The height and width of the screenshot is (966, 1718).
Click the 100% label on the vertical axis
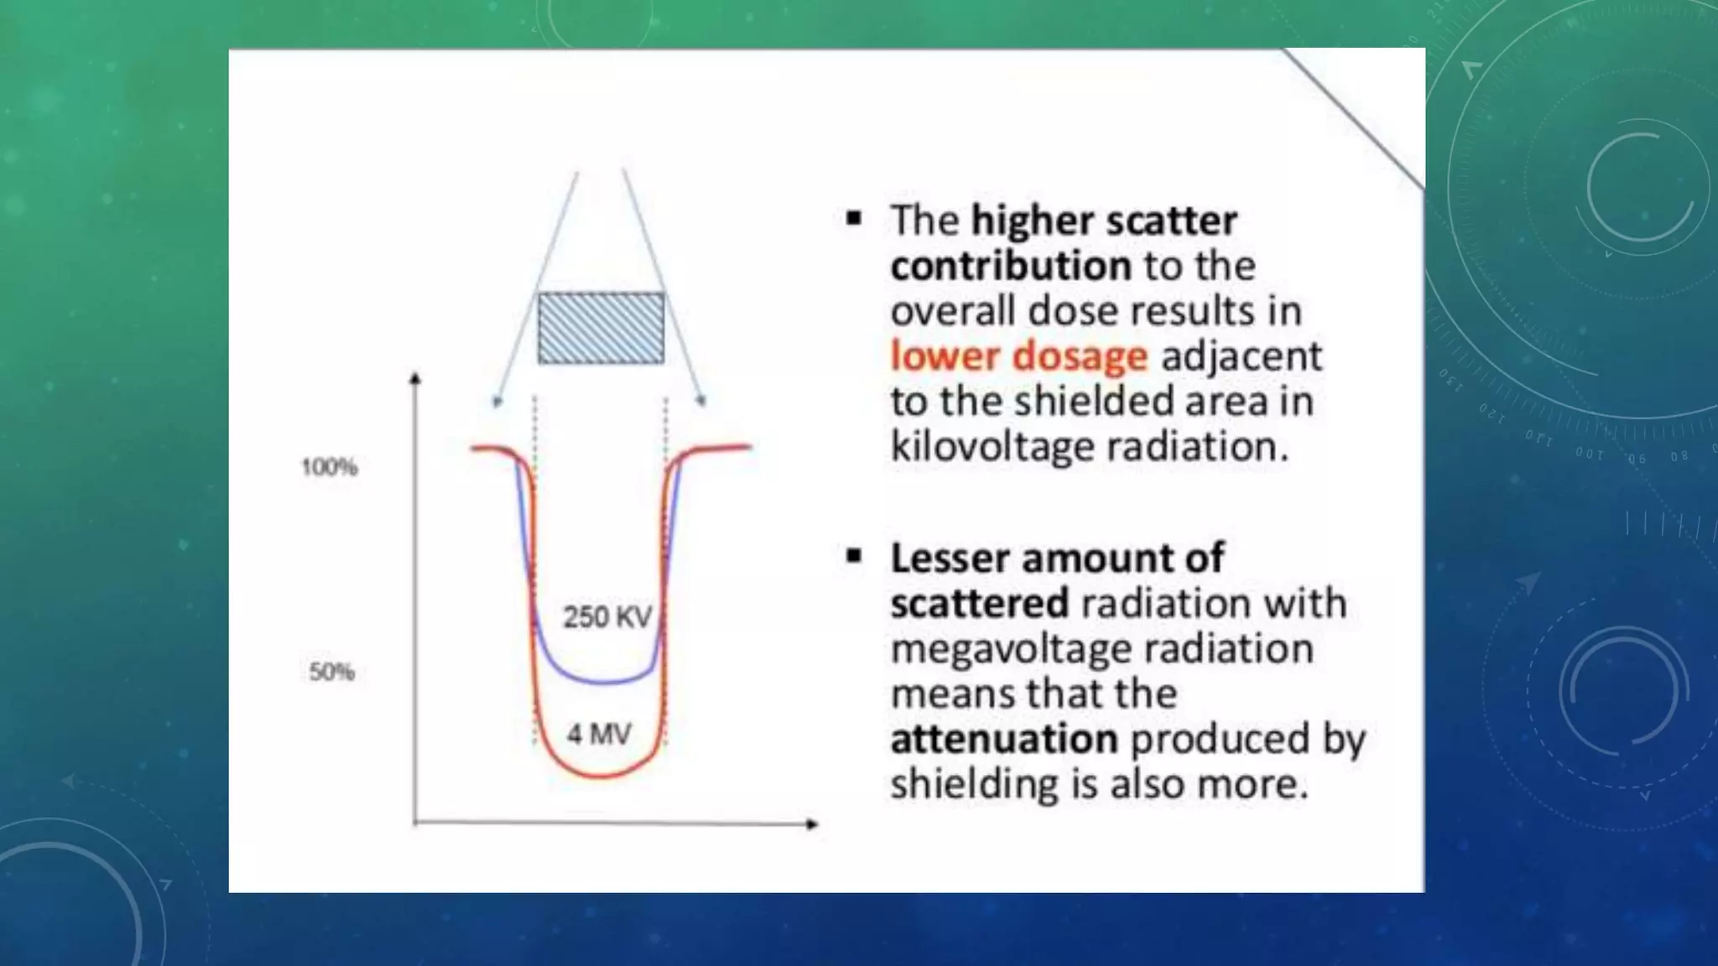(330, 467)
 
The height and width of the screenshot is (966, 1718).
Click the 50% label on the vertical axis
(332, 672)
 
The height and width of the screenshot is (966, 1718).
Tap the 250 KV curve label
(607, 617)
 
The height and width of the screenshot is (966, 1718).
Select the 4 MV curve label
(599, 735)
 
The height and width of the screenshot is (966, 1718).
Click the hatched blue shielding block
(601, 328)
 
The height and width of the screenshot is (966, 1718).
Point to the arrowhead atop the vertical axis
(414, 379)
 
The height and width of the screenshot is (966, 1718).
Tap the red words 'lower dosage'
(1018, 356)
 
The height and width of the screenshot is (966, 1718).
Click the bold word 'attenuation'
(1004, 740)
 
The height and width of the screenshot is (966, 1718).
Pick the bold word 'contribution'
(1011, 266)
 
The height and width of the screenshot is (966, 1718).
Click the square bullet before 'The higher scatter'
(854, 220)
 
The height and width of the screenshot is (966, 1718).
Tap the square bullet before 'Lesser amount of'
(854, 556)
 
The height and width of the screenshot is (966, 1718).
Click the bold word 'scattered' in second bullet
(979, 604)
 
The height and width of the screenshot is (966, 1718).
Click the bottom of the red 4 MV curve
(601, 776)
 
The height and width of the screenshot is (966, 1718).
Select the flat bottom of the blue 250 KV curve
(601, 680)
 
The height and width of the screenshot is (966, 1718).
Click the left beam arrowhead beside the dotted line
(497, 402)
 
